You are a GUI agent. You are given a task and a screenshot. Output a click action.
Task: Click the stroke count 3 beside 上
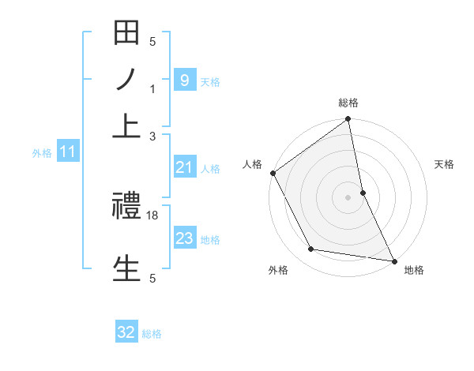coord(152,137)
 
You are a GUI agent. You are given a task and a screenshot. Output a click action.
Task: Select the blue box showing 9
coord(184,81)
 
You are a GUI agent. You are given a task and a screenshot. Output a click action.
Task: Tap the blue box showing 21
coord(184,167)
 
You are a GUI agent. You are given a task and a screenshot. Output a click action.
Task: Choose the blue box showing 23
coord(184,238)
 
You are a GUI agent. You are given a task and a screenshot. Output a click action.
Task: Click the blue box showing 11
coord(67,152)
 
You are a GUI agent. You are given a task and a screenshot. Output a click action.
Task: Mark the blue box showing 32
coord(126,332)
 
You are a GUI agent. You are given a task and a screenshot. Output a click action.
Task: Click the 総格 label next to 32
coord(152,334)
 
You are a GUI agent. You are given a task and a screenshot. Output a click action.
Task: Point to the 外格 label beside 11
coord(41,153)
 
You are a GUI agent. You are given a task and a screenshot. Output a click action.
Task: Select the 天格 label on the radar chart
coord(444,164)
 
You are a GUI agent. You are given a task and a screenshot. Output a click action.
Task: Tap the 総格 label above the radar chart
coord(348,103)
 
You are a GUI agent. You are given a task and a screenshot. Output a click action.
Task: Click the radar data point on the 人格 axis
coord(273,173)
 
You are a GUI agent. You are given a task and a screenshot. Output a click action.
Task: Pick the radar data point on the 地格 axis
coord(393,260)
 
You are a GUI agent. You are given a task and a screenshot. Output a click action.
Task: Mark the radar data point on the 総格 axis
coord(348,119)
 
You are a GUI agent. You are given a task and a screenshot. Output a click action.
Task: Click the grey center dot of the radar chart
coord(348,197)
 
